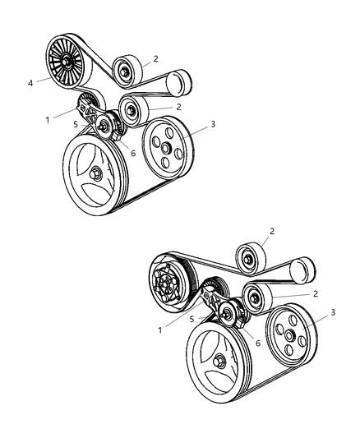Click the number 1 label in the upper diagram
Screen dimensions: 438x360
point(48,119)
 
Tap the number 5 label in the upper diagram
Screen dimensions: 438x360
point(76,126)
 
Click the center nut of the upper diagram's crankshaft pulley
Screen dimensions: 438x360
point(97,173)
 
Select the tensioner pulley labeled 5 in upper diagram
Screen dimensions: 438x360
point(104,126)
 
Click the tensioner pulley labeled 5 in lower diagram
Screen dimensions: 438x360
point(227,313)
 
